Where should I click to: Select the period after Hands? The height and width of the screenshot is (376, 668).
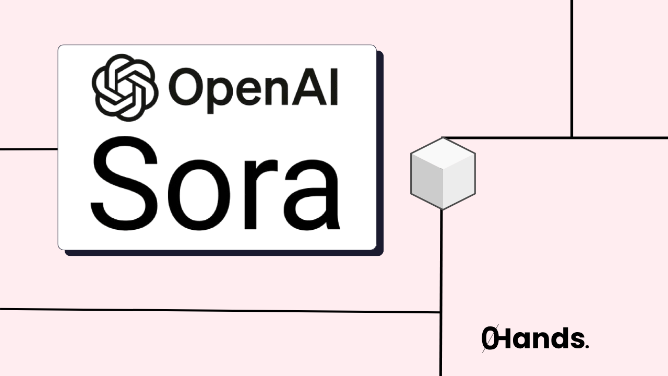click(x=587, y=346)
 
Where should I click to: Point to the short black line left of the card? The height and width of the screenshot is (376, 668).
click(x=29, y=149)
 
